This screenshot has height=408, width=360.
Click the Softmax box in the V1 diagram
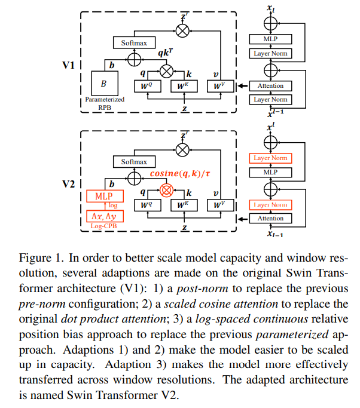tap(134, 43)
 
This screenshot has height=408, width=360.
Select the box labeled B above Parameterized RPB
tap(105, 83)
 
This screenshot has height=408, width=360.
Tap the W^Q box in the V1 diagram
tap(150, 86)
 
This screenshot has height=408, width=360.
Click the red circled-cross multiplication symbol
tap(166, 191)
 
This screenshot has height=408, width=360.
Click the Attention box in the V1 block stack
tap(270, 86)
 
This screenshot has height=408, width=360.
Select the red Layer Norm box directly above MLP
tap(270, 158)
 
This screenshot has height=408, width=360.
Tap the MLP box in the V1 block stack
tap(270, 39)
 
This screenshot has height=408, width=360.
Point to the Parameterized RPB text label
tap(105, 103)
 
